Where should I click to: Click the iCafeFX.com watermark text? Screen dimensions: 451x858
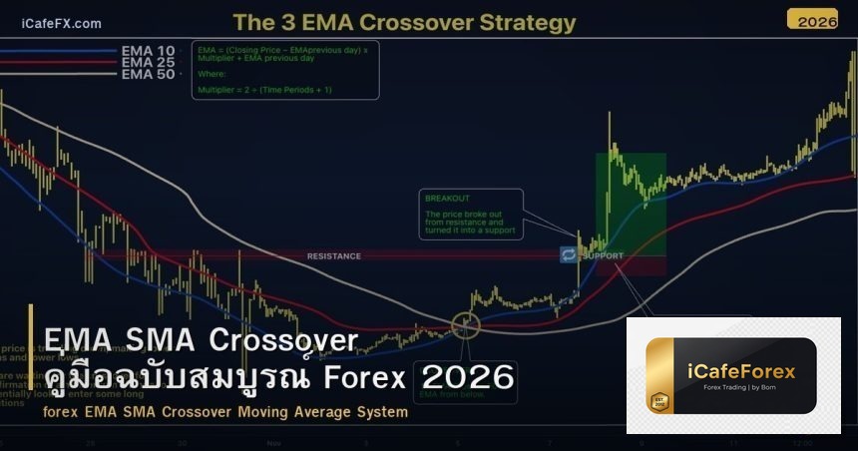tap(61, 23)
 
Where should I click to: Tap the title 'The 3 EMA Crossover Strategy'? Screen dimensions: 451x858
tap(404, 22)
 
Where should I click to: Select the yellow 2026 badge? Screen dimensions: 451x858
tap(812, 19)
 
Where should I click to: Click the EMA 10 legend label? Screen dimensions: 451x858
tap(148, 50)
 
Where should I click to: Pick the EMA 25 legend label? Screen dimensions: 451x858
tap(148, 62)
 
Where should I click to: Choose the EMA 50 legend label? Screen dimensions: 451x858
tap(148, 74)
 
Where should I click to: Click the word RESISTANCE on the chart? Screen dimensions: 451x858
tap(333, 256)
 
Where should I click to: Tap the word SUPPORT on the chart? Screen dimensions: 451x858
tap(603, 255)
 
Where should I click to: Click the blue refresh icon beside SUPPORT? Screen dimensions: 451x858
tap(568, 254)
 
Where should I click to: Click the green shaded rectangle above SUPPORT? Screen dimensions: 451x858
tap(631, 200)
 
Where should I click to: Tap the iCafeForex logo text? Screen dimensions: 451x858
tap(742, 372)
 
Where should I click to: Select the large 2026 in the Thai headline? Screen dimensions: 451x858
tap(468, 377)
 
